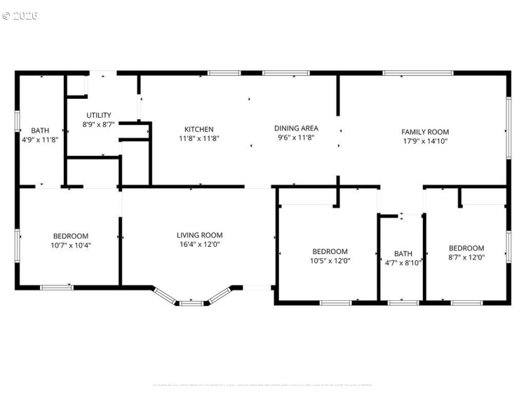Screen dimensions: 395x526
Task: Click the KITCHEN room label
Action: point(199,129)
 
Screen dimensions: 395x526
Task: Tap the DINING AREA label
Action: point(296,128)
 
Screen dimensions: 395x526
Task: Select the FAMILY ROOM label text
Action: point(425,132)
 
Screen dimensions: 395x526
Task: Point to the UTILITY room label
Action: point(99,115)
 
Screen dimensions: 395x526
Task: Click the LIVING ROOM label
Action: point(199,235)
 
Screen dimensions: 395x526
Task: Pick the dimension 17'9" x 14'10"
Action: point(425,141)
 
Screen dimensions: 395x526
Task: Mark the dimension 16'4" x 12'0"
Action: point(199,244)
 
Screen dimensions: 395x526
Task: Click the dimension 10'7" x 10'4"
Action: point(71,245)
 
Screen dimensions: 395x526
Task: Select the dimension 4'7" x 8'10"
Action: point(402,263)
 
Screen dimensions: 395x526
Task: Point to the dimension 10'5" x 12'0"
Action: point(329,261)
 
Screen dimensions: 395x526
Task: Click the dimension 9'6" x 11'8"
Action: point(296,138)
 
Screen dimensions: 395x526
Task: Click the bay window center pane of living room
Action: point(191,303)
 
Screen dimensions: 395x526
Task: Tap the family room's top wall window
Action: point(418,72)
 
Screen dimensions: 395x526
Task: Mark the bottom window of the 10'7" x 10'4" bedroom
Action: point(57,287)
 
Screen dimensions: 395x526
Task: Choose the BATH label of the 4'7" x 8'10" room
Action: point(402,253)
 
